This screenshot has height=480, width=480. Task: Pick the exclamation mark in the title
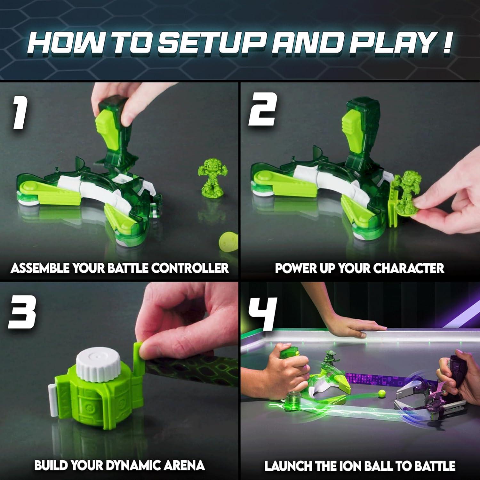pyautogui.click(x=446, y=41)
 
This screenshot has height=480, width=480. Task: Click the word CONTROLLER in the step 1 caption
pyautogui.click(x=190, y=268)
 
